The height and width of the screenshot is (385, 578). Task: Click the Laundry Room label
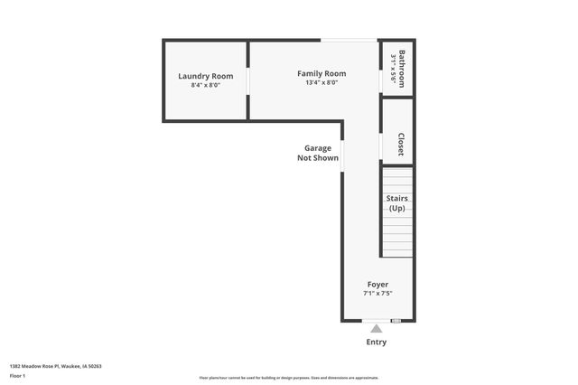pos(205,76)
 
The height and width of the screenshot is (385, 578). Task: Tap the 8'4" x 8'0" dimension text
pos(205,85)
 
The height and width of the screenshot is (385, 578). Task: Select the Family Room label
pos(322,73)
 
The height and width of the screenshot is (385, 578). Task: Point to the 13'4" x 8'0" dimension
pos(322,82)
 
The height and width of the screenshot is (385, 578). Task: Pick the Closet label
pos(400,145)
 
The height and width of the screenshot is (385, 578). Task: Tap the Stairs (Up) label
pos(396,203)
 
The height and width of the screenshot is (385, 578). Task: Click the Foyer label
pos(378,284)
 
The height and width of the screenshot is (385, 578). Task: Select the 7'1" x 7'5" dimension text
pos(378,293)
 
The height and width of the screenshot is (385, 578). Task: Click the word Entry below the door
pos(377,342)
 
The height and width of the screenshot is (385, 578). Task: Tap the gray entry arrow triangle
pos(377,328)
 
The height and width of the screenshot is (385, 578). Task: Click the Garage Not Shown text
pos(318,153)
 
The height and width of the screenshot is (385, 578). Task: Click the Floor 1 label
pos(18,375)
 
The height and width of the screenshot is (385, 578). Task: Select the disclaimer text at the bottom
pos(289,378)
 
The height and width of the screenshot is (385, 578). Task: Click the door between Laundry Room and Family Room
pos(248,80)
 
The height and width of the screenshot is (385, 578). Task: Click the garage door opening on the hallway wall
pos(342,154)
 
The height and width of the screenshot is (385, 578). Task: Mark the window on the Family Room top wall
pos(350,40)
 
